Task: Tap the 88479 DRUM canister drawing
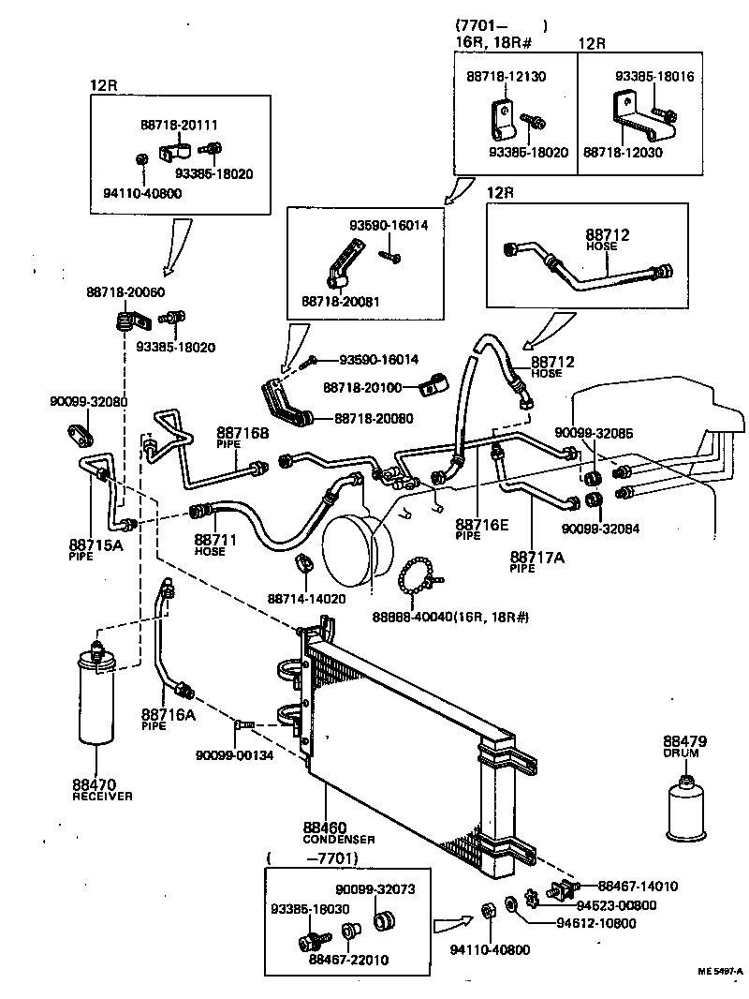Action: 688,811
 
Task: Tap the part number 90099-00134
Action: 234,756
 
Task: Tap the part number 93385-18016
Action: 654,78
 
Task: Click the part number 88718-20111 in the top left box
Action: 180,124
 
